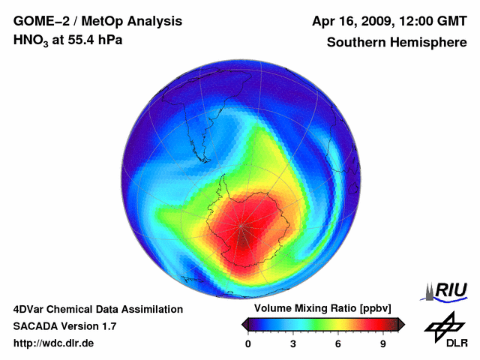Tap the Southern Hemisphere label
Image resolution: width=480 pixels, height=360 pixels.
(x=397, y=42)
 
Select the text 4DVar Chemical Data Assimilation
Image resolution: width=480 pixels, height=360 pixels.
(x=98, y=309)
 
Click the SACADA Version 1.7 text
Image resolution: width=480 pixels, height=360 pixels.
(x=64, y=326)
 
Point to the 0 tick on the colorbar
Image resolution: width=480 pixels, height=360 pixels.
(x=248, y=343)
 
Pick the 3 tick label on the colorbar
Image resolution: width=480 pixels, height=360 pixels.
(x=293, y=343)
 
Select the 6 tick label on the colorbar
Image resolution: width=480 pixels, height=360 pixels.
(x=338, y=343)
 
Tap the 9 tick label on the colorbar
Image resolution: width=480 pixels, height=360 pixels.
(x=383, y=343)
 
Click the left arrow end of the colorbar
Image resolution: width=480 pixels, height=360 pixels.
(x=244, y=324)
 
